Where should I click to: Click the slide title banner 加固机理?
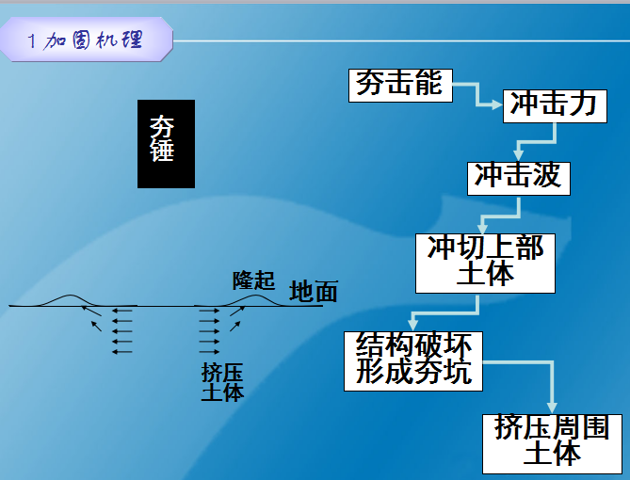pyautogui.click(x=87, y=40)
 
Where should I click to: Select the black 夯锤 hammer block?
pyautogui.click(x=166, y=144)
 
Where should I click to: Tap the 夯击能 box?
pyautogui.click(x=400, y=85)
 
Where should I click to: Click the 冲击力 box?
pyautogui.click(x=555, y=106)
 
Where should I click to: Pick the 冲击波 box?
pyautogui.click(x=519, y=178)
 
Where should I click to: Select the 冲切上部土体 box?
pyautogui.click(x=485, y=264)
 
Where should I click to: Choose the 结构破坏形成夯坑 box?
pyautogui.click(x=413, y=360)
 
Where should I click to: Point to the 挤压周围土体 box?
pyautogui.click(x=552, y=444)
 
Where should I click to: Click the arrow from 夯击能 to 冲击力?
pyautogui.click(x=477, y=95)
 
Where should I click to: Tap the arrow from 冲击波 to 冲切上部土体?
pyautogui.click(x=501, y=216)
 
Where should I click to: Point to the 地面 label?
pyautogui.click(x=314, y=291)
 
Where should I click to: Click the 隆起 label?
pyautogui.click(x=254, y=280)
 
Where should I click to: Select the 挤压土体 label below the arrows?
pyautogui.click(x=222, y=382)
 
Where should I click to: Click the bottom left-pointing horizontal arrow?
pyautogui.click(x=122, y=352)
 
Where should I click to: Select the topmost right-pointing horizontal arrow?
pyautogui.click(x=209, y=311)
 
